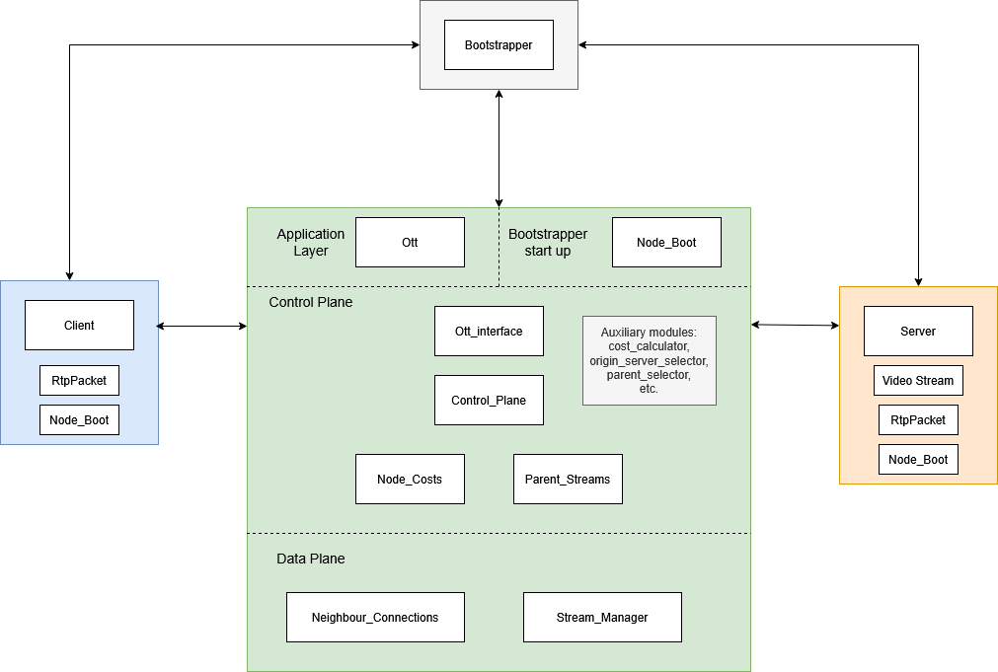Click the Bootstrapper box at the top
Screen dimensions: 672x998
coord(499,45)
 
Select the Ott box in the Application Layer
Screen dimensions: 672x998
coord(410,243)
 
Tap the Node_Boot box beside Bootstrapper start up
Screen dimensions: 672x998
coord(666,243)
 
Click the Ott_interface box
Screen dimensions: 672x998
coord(489,332)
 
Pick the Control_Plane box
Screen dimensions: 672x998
coord(489,401)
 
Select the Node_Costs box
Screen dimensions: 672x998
coord(410,480)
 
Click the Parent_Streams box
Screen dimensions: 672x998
coord(568,480)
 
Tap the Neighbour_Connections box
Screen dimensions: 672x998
coord(375,618)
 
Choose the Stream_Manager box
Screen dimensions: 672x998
coord(602,618)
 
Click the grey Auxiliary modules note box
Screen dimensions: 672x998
coord(649,360)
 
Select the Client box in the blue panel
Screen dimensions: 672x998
coord(79,326)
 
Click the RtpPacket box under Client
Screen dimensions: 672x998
coord(79,381)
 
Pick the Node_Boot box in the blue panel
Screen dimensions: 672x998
coord(79,420)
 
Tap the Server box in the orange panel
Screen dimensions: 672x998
coord(918,332)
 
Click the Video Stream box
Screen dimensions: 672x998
coord(918,381)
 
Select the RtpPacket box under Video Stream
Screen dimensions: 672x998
coord(918,420)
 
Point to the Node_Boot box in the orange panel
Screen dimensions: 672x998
coord(918,460)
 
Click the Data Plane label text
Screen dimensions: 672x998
coord(311,559)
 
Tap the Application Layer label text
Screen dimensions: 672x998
coord(311,243)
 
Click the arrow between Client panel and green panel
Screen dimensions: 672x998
coord(202,326)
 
